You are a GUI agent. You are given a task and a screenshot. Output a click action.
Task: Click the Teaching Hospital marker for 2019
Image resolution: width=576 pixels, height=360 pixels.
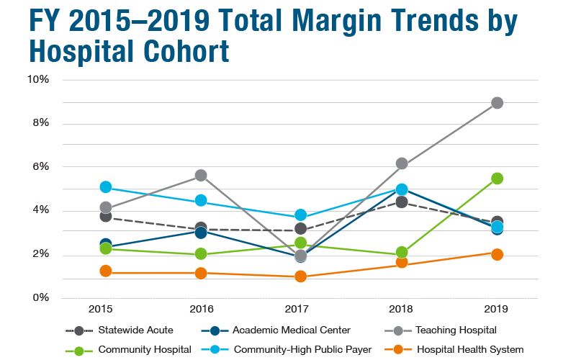click(497, 103)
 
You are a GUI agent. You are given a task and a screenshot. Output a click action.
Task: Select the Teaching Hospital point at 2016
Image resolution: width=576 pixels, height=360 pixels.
click(201, 175)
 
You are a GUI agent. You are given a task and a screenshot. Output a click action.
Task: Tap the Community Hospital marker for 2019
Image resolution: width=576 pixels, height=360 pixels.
click(497, 178)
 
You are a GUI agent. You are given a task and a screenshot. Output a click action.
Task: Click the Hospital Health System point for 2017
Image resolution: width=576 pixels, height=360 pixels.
click(301, 276)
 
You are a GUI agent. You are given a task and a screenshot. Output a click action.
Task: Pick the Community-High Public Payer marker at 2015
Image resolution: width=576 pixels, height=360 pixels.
click(106, 187)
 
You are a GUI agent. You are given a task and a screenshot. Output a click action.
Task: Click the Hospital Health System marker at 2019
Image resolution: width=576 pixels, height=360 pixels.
click(497, 254)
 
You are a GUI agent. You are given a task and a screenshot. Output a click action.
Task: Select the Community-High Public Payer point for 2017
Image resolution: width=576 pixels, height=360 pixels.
click(301, 215)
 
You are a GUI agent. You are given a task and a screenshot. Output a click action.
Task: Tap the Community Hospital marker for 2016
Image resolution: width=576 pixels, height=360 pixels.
click(201, 253)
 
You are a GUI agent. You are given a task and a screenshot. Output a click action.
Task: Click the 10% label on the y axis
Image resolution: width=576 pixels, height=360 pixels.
click(38, 79)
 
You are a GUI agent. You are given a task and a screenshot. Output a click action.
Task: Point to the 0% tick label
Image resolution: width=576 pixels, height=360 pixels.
click(40, 298)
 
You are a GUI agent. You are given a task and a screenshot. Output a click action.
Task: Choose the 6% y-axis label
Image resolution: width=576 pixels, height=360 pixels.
click(40, 166)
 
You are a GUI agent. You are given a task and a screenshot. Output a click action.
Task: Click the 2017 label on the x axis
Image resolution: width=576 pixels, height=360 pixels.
click(301, 309)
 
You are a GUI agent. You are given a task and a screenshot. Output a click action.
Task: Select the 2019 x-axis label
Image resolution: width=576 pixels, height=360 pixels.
click(497, 309)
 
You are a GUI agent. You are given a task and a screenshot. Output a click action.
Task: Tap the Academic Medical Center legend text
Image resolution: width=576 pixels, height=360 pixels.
click(292, 330)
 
